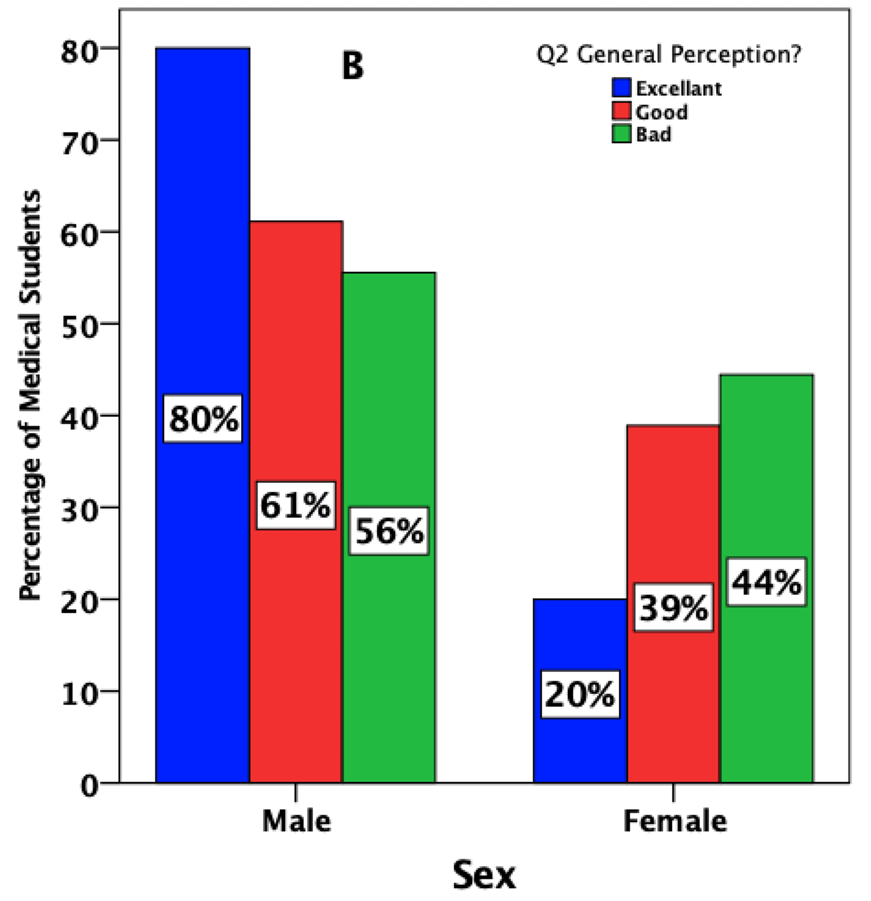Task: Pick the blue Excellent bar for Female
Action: [x=580, y=745]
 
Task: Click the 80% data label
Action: [x=203, y=419]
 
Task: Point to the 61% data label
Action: [x=296, y=506]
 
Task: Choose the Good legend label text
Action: [x=661, y=112]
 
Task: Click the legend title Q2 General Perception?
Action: [x=668, y=54]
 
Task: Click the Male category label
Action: [x=296, y=821]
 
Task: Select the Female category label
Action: [x=675, y=821]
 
